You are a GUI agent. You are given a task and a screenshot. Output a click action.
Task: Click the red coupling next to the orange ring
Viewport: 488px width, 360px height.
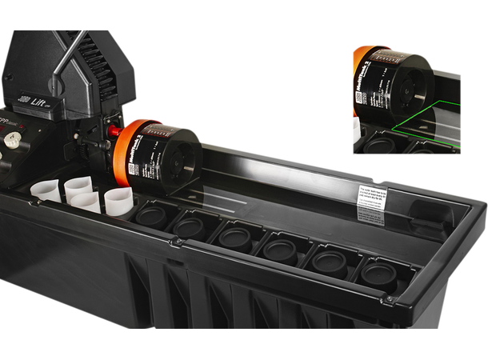tap(115, 130)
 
